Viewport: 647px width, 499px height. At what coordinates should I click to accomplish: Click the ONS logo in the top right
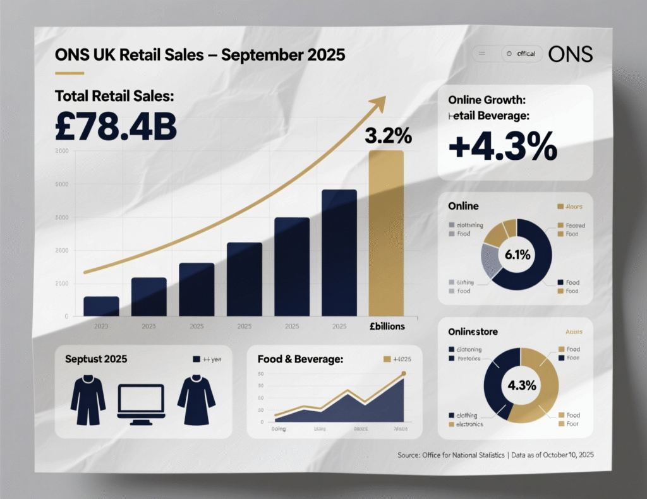tap(571, 54)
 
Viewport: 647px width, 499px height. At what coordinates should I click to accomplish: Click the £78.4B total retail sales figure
tap(116, 126)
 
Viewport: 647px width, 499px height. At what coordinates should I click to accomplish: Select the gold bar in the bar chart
tap(386, 233)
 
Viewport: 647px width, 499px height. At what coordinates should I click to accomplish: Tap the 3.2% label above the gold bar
tap(388, 135)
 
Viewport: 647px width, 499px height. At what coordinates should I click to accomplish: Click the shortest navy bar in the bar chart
tap(101, 306)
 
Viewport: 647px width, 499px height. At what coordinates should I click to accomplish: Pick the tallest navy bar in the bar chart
tap(339, 253)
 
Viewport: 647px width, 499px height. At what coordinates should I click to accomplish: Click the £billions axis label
tap(387, 327)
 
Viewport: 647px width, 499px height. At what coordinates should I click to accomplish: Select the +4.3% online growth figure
tap(503, 147)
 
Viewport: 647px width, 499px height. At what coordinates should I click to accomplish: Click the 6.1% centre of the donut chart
tap(517, 255)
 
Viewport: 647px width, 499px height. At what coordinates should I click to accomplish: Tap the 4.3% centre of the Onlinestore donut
tap(521, 385)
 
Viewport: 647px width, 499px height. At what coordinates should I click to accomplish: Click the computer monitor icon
tap(141, 401)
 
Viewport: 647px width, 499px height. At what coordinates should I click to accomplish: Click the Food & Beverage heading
tap(300, 359)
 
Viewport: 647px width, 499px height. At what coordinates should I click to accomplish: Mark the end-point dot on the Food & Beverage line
tap(404, 374)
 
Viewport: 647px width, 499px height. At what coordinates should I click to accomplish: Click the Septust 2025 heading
tap(96, 359)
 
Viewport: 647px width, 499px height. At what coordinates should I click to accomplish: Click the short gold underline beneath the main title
tap(70, 73)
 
